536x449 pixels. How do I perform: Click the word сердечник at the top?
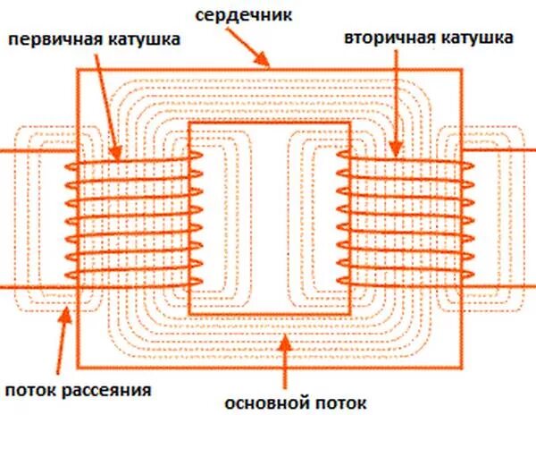point(258,14)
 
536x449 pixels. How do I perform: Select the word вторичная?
point(383,39)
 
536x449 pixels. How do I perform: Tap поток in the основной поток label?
point(341,403)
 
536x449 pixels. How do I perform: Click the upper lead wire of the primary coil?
point(31,152)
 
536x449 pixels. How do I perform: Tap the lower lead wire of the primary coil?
point(31,287)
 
